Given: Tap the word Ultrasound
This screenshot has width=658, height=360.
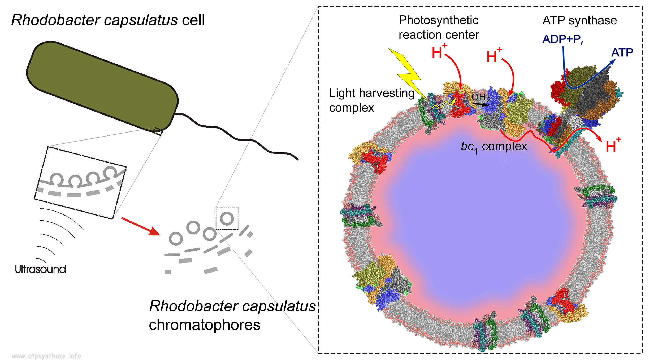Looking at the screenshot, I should [x=40, y=269].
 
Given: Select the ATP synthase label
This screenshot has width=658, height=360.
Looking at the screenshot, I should [x=579, y=20].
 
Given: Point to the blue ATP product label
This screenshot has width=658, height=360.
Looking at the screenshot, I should [x=622, y=52].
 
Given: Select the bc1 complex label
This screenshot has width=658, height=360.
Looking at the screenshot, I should [x=493, y=147].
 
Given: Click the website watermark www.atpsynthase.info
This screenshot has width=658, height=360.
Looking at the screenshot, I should [x=46, y=356].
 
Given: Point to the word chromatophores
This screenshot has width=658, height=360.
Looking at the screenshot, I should [x=204, y=325].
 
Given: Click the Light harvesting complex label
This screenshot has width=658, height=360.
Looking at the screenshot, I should [x=371, y=100].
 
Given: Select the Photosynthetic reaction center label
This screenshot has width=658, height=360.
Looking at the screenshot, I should [x=439, y=28].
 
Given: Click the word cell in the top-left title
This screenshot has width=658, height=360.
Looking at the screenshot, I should [x=193, y=20].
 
